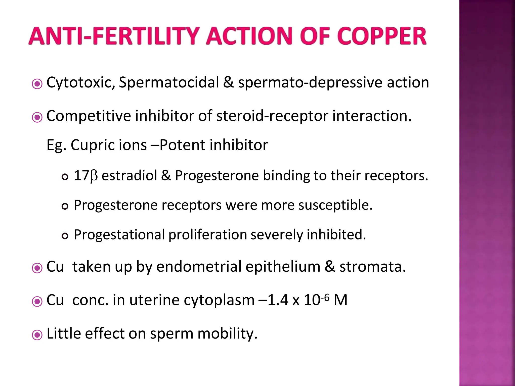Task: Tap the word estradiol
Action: [129, 175]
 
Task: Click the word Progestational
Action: [119, 235]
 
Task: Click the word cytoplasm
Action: [219, 300]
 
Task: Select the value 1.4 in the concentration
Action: [278, 300]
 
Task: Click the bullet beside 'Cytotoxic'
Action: [37, 84]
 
